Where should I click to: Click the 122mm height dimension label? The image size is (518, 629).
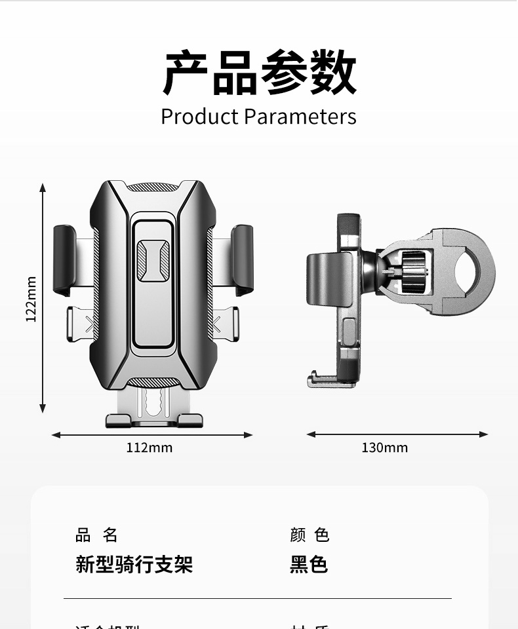pos(31,299)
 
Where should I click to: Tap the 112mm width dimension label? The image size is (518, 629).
pos(149,448)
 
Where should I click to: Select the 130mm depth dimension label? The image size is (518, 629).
pos(384,448)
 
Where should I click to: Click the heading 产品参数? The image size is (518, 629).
pos(259,73)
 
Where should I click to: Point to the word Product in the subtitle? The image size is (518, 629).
pos(199,117)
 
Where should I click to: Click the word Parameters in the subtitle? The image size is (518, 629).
pos(300,117)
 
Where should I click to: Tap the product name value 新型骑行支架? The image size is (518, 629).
pos(134,564)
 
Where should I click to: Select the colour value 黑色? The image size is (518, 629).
pos(309,564)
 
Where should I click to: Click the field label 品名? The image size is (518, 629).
pos(96,535)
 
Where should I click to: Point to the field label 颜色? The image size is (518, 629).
pos(309,535)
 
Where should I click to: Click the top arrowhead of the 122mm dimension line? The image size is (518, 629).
pos(43,187)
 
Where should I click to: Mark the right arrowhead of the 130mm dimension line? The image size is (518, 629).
pos(485,434)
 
